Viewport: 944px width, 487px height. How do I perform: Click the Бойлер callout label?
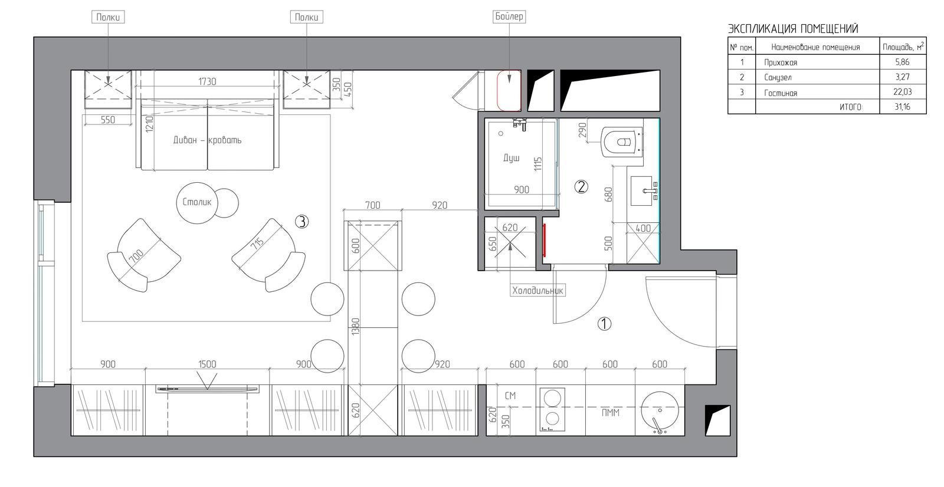pos(509,17)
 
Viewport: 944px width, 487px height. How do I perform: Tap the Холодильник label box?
pos(537,290)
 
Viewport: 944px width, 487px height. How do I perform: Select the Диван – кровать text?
pos(207,140)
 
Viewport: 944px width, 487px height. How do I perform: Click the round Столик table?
pos(197,203)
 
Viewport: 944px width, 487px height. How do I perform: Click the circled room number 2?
pos(581,186)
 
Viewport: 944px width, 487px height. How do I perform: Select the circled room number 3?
pos(301,222)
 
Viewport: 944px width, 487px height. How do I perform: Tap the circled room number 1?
pos(604,324)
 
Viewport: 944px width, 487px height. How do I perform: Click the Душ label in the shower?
pos(511,158)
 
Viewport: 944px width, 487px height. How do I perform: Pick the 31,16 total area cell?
pos(902,107)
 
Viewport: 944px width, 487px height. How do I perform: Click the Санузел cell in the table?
pos(778,77)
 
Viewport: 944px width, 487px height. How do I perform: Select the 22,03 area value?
pos(902,92)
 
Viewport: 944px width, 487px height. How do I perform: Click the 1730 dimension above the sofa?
pos(207,81)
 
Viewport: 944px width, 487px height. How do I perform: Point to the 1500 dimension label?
pos(207,364)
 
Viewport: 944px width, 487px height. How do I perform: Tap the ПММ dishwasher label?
pos(610,413)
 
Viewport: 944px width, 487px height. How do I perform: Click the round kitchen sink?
pos(660,411)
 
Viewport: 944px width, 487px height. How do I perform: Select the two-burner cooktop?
pos(552,410)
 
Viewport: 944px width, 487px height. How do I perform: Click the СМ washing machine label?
pos(510,396)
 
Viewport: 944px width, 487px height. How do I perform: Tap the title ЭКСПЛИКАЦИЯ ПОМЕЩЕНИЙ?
pos(793,29)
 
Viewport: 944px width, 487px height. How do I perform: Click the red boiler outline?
pos(509,91)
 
